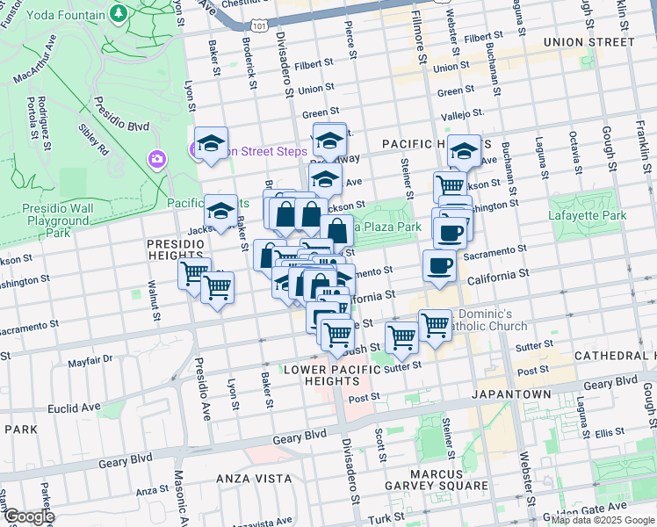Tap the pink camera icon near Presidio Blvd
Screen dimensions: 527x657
157,159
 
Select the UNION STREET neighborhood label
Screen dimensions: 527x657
588,42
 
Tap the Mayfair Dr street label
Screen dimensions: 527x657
91,359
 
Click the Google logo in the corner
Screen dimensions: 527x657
28,516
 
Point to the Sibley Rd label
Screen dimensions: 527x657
92,138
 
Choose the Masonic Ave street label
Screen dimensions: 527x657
181,492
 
